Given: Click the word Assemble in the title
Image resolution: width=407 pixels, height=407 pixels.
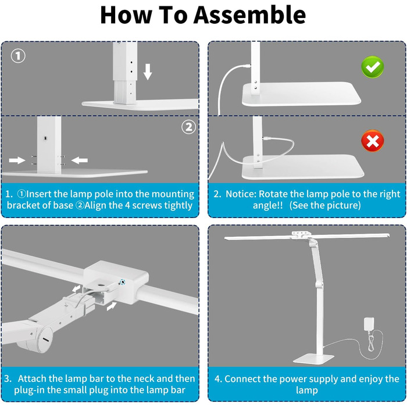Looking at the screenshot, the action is point(249,15).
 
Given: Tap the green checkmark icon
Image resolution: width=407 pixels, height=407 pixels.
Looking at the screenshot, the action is point(373,67).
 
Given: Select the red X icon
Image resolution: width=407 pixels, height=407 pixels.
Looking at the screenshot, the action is point(373,141).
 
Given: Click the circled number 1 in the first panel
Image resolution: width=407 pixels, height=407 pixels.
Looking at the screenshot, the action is point(18,56).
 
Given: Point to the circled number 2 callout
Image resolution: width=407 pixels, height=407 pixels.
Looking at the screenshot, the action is point(188,127).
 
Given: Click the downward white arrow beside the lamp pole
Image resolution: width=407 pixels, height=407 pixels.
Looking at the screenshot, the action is point(148,72).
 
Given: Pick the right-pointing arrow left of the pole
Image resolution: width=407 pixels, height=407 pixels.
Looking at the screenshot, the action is point(17,160).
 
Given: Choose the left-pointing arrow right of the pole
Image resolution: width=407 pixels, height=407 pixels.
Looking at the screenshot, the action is point(80,160).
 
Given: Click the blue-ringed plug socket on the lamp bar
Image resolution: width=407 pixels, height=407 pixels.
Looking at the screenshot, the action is point(122,282).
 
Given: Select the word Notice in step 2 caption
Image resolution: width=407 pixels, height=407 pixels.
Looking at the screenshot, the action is point(241,194).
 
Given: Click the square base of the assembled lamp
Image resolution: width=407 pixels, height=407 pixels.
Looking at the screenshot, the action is point(313,359).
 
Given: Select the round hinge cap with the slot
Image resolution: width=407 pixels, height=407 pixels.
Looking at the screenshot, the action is point(45,339).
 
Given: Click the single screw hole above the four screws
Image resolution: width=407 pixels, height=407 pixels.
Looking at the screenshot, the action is point(46,138).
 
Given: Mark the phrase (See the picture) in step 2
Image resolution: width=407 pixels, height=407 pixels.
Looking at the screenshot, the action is point(325,206).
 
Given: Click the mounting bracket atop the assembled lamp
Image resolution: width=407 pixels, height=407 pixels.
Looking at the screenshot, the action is point(301,235).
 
